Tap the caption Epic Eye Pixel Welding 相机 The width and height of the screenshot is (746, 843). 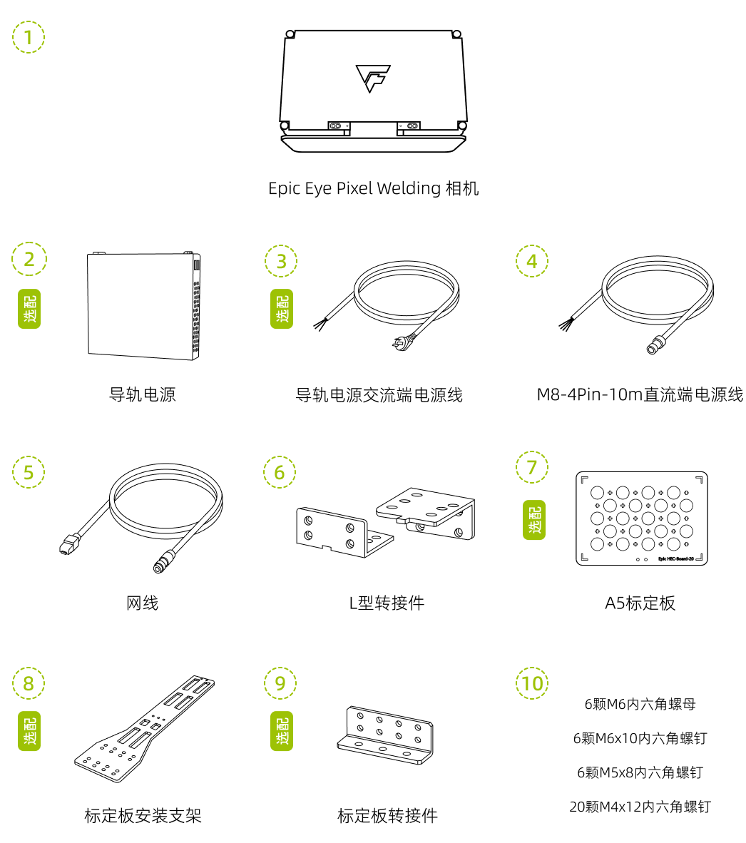pos(373,188)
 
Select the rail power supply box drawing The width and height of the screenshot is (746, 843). pos(143,305)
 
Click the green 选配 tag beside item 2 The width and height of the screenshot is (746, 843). pos(29,309)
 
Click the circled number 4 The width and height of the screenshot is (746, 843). pos(532,261)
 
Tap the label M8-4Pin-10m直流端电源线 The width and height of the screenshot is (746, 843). pos(640,394)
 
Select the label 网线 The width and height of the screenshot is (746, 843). pos(143,603)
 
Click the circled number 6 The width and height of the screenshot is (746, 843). pos(280,472)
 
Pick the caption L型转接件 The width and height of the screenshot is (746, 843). pos(387,603)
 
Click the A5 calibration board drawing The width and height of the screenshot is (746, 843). pos(641,518)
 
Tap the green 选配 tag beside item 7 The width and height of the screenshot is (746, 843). pos(534,519)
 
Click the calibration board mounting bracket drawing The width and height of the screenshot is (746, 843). pos(145,727)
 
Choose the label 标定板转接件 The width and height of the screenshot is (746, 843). pos(387,816)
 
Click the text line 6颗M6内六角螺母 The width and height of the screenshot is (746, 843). pos(640,705)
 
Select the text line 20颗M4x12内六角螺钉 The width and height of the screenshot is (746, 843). pos(640,807)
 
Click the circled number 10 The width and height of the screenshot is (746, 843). pos(532,684)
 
